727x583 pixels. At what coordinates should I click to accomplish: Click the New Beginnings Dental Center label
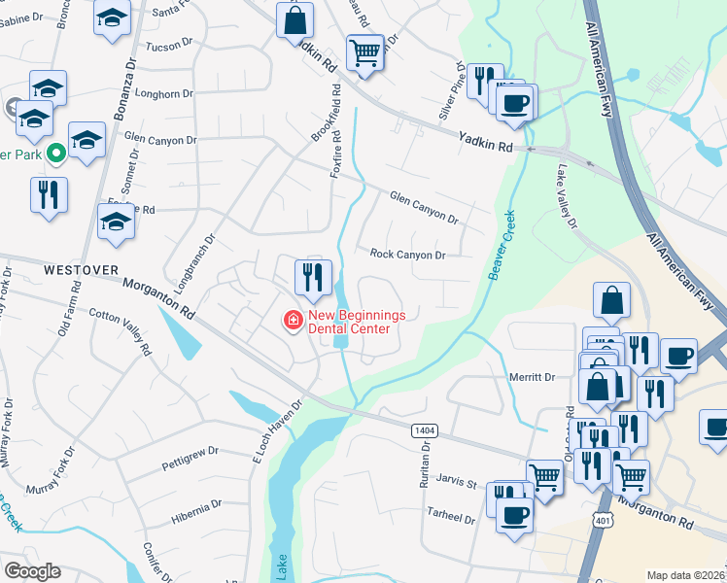pyautogui.click(x=350, y=322)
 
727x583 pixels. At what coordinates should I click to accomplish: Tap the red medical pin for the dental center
pyautogui.click(x=291, y=319)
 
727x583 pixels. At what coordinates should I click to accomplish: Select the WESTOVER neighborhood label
pyautogui.click(x=80, y=268)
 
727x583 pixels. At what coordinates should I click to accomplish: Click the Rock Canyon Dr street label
pyautogui.click(x=407, y=255)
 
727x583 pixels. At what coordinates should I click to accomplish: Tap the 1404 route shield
pyautogui.click(x=425, y=429)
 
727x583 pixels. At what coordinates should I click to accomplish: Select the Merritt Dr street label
pyautogui.click(x=531, y=377)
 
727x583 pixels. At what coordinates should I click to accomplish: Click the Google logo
pyautogui.click(x=32, y=571)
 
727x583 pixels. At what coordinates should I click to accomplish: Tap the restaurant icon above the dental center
pyautogui.click(x=313, y=276)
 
